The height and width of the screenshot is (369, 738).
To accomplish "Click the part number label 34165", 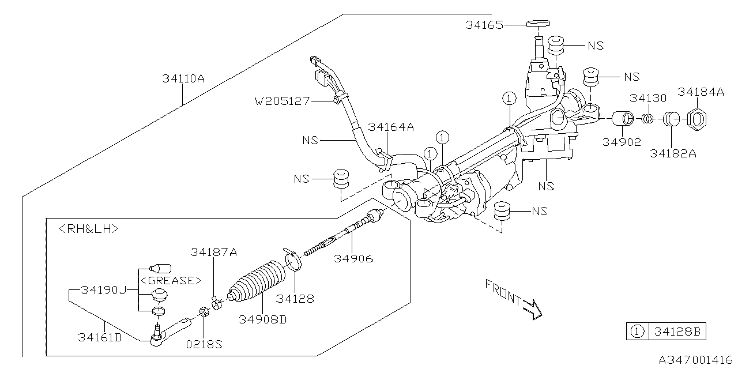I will (484, 25).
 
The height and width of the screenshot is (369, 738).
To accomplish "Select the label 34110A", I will (183, 79).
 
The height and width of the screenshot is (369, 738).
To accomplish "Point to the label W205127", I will (282, 101).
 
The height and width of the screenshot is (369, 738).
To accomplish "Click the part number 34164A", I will (391, 127).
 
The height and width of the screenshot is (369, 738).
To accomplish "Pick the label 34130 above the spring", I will (648, 98).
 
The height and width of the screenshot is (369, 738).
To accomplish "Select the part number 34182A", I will (672, 153).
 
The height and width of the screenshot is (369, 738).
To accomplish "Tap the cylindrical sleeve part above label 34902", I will (622, 119).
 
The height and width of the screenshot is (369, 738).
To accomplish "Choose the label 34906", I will (353, 259).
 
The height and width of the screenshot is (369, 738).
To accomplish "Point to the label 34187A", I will (214, 252).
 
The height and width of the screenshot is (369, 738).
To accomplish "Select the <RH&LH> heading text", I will (89, 229).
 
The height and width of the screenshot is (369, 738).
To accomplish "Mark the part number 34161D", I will (100, 337).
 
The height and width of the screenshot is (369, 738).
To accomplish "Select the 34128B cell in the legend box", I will (677, 332).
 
